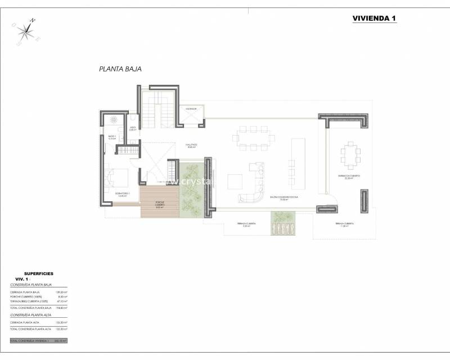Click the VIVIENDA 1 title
[374, 18]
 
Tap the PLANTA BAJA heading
[120, 69]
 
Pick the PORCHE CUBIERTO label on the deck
[159, 205]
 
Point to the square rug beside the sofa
[235, 182]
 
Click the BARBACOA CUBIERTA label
[349, 176]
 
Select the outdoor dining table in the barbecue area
[349, 153]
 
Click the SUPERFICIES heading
[39, 273]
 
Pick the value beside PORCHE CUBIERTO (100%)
[62, 296]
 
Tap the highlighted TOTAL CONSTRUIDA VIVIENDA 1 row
[38, 341]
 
